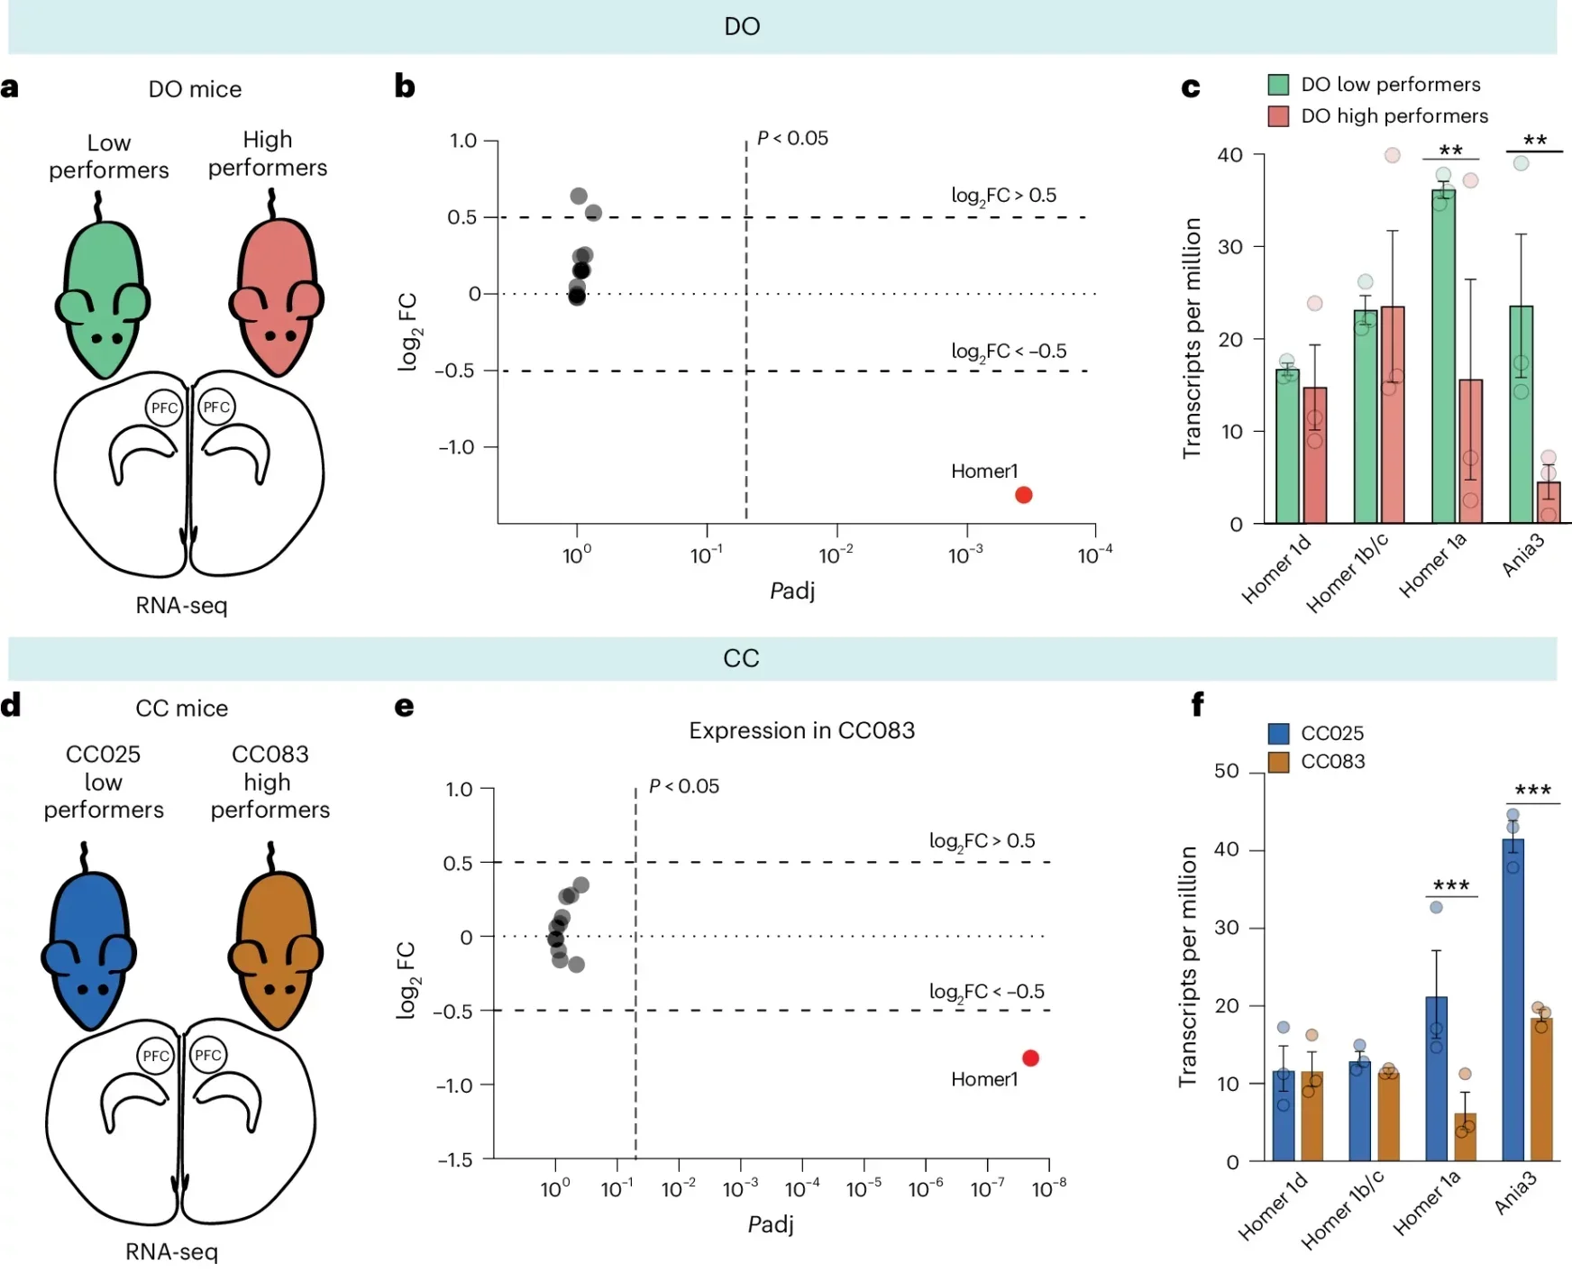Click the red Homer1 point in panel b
point(1023,495)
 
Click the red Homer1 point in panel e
point(1030,1058)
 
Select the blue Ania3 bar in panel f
point(1513,1001)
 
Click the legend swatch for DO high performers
point(1277,116)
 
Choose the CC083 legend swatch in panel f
point(1277,762)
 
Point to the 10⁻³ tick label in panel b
point(964,555)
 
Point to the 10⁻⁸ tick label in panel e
point(1048,1189)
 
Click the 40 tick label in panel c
point(1229,155)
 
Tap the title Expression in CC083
point(801,730)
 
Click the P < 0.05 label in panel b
point(791,138)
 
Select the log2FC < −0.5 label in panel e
point(986,992)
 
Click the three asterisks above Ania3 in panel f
point(1532,791)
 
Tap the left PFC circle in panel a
point(164,408)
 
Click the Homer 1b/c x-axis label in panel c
point(1347,573)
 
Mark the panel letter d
point(11,706)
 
